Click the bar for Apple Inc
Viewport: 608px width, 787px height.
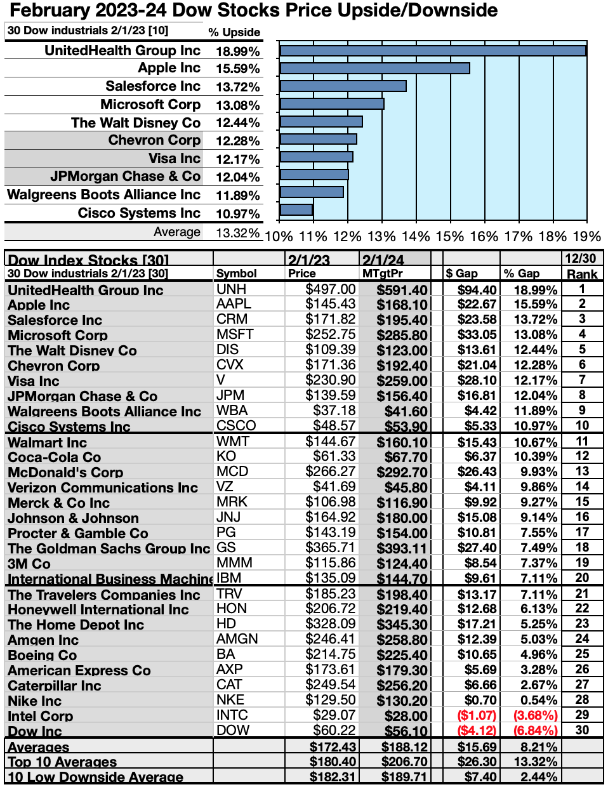pyautogui.click(x=374, y=68)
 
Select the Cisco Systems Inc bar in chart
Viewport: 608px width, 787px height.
pyautogui.click(x=296, y=209)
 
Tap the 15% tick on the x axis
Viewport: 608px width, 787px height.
pyautogui.click(x=450, y=237)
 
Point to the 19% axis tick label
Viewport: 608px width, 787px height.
pyautogui.click(x=586, y=237)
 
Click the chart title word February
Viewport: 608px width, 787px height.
pyautogui.click(x=48, y=10)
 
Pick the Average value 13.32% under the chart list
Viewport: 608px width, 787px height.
pyautogui.click(x=237, y=233)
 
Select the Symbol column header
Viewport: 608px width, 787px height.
pyautogui.click(x=236, y=274)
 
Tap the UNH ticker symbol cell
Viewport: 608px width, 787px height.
pyautogui.click(x=231, y=289)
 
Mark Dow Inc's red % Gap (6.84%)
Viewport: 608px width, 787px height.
pyautogui.click(x=535, y=731)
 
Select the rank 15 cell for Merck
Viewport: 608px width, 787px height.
pyautogui.click(x=582, y=502)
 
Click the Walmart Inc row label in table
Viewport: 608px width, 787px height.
pyautogui.click(x=48, y=442)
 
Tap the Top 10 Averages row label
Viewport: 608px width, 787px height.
pyautogui.click(x=62, y=762)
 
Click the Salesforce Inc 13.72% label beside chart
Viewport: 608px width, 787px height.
pyautogui.click(x=237, y=87)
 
